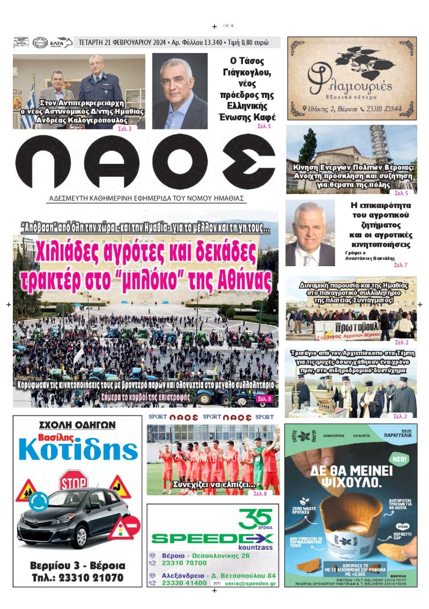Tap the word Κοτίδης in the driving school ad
click(x=78, y=451)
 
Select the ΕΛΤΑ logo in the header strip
click(x=57, y=43)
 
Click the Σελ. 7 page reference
click(x=401, y=265)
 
